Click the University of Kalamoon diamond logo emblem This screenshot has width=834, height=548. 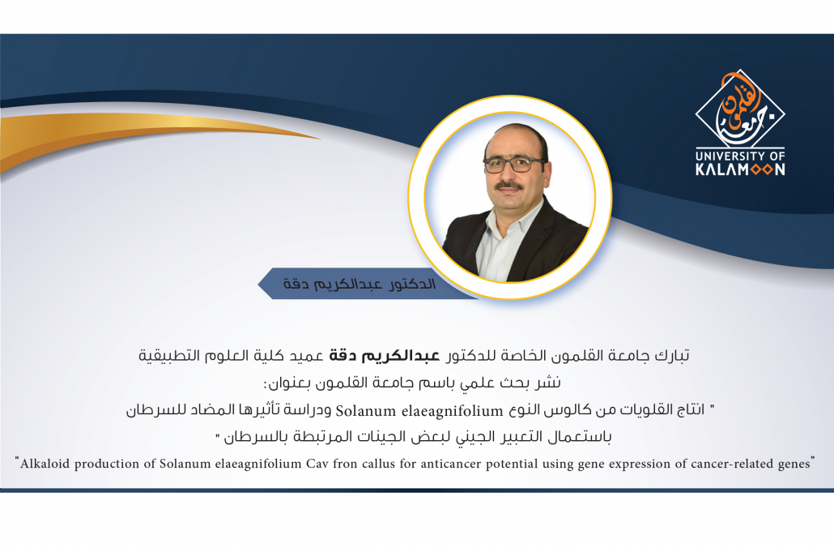tap(740, 109)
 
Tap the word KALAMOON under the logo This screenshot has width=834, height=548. tap(740, 169)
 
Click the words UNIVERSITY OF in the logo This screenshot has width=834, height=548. tap(740, 156)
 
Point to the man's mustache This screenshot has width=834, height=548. tap(509, 186)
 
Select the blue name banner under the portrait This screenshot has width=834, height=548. tap(367, 283)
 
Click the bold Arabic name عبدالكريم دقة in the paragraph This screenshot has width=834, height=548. tap(384, 355)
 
